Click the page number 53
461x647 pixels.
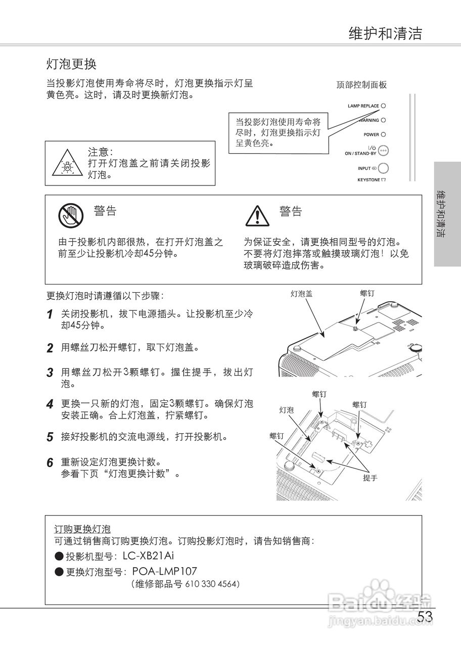[425, 618]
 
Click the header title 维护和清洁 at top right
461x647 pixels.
[385, 33]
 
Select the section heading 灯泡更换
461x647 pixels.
[71, 64]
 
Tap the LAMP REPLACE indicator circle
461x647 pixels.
[383, 106]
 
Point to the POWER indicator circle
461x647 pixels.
[383, 134]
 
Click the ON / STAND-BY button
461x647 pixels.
[383, 150]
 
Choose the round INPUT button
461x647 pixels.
[384, 168]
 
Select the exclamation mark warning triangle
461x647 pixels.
[257, 216]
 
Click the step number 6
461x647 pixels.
[50, 463]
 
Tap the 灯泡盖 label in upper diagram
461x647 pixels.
[301, 293]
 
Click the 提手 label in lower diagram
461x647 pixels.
[370, 478]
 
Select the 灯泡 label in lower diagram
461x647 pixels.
[287, 410]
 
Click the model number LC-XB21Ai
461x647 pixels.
[152, 557]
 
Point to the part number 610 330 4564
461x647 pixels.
[212, 584]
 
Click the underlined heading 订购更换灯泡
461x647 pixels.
[82, 529]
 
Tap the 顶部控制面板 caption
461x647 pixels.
[361, 85]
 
